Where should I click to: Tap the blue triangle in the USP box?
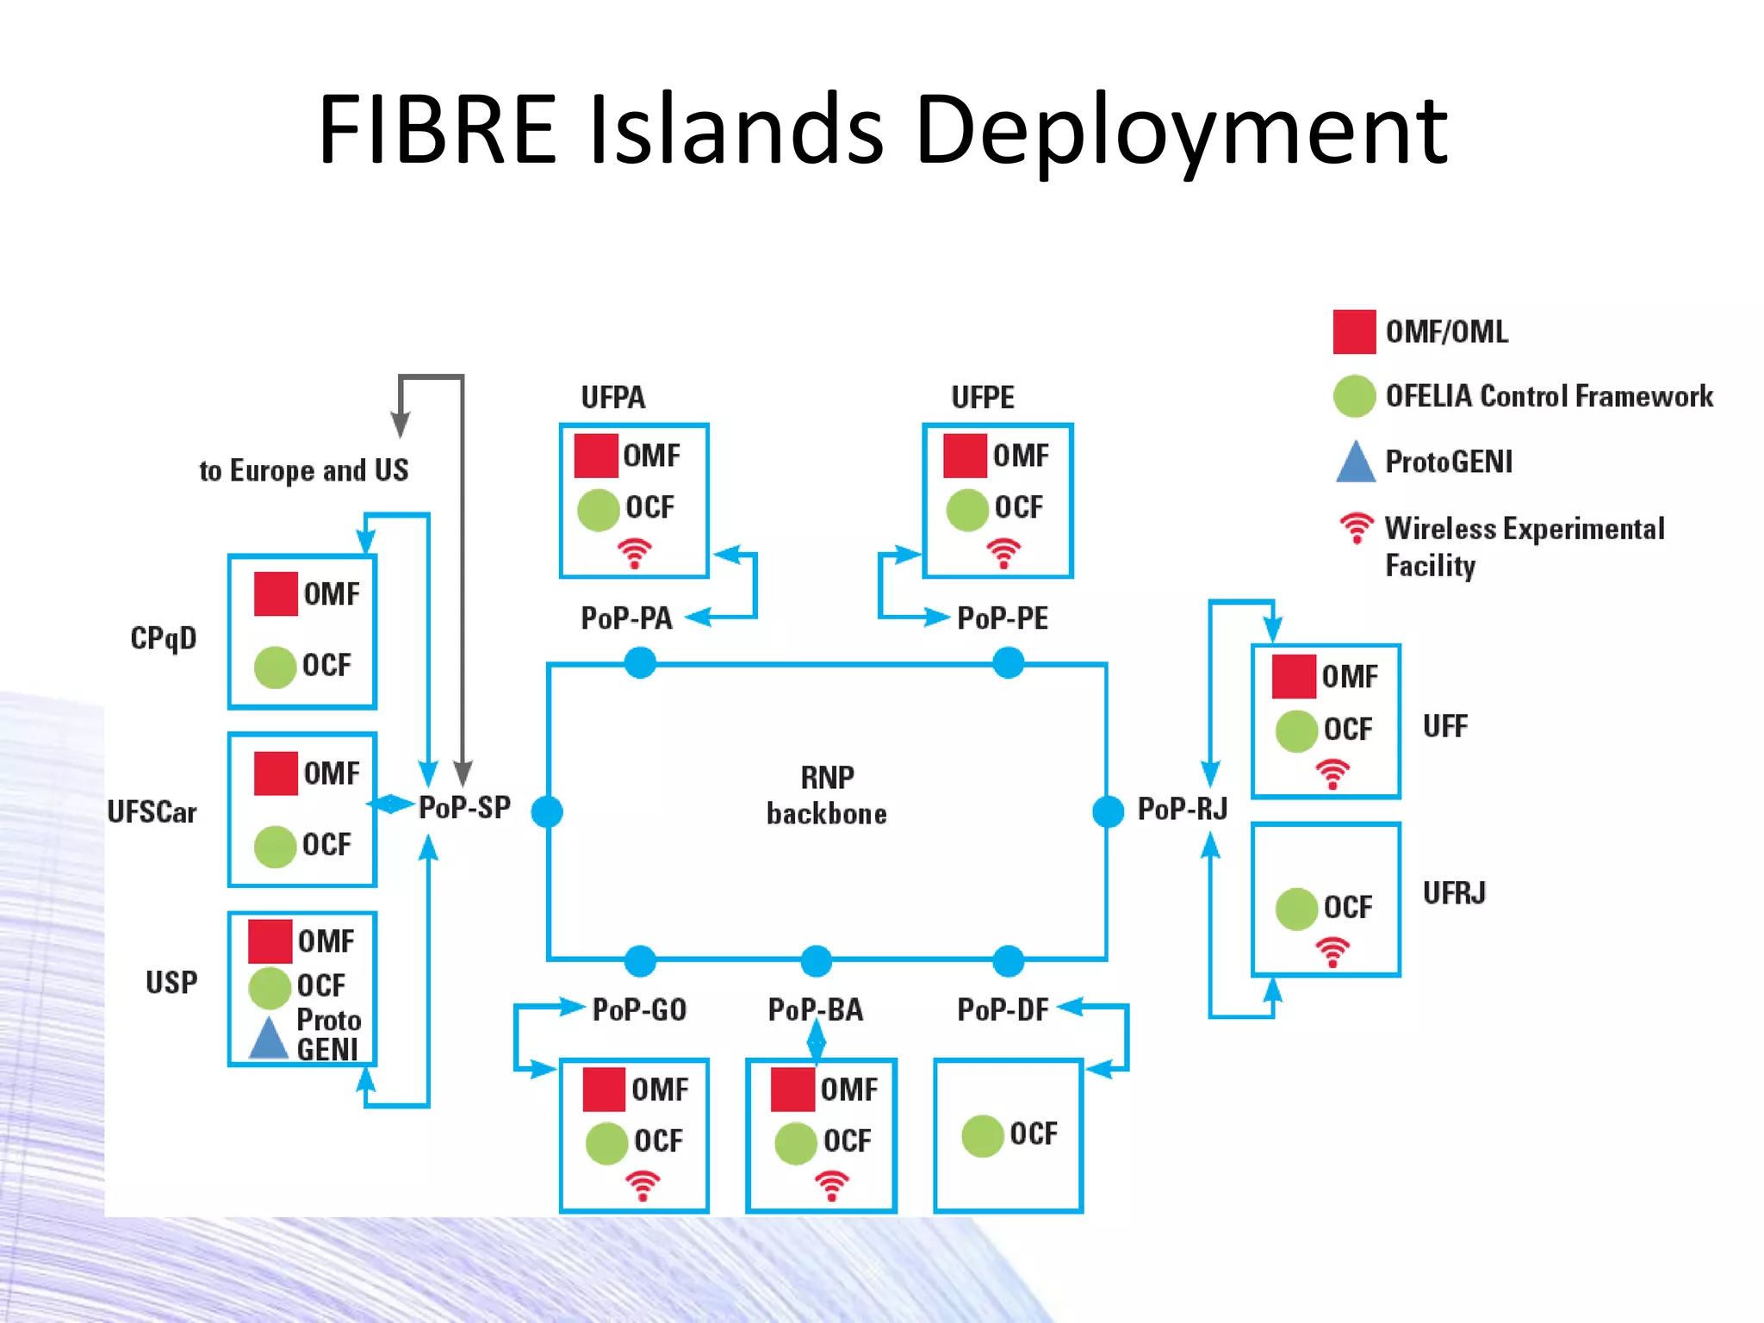269,1039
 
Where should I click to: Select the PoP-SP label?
464,808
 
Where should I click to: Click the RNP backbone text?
827,795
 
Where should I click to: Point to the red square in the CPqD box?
276,593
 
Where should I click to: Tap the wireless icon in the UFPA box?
635,553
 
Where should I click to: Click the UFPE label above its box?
983,397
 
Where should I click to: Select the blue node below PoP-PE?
1008,663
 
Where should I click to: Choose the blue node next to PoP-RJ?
1108,811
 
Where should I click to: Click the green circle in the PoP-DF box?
983,1136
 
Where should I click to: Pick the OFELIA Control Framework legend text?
1549,396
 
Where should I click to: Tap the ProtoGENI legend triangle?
1356,462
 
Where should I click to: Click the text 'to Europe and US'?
304,470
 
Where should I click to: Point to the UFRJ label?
1454,893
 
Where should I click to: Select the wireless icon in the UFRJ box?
1332,953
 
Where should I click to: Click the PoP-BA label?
815,1009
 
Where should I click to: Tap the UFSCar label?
152,811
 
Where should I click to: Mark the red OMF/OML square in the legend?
1354,332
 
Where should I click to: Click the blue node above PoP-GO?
640,960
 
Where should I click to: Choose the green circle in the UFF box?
1296,731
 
